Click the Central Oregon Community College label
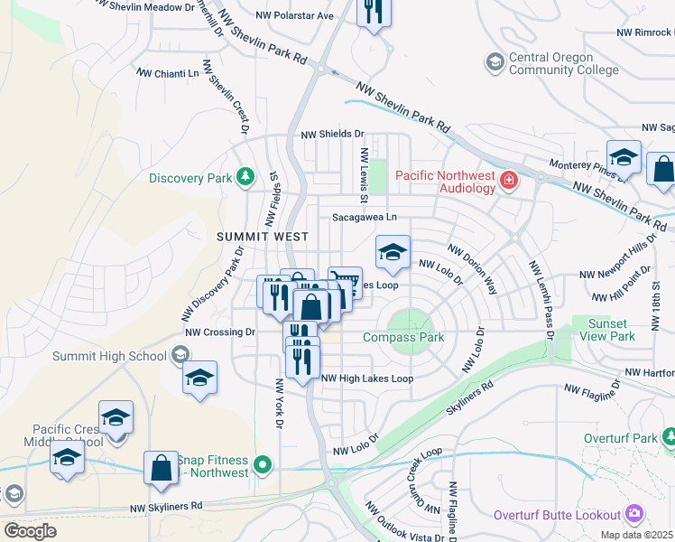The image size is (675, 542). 564,62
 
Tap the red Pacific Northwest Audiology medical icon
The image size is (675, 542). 509,181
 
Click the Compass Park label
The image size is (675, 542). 403,337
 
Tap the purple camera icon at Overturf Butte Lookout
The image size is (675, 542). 634,514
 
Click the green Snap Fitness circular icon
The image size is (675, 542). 263,466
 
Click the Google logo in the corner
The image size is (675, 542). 30,531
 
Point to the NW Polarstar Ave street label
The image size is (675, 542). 294,15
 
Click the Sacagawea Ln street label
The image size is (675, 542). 365,217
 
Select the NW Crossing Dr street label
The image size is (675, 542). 221,332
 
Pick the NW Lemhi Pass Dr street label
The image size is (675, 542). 542,299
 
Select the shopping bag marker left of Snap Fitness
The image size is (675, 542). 161,467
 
